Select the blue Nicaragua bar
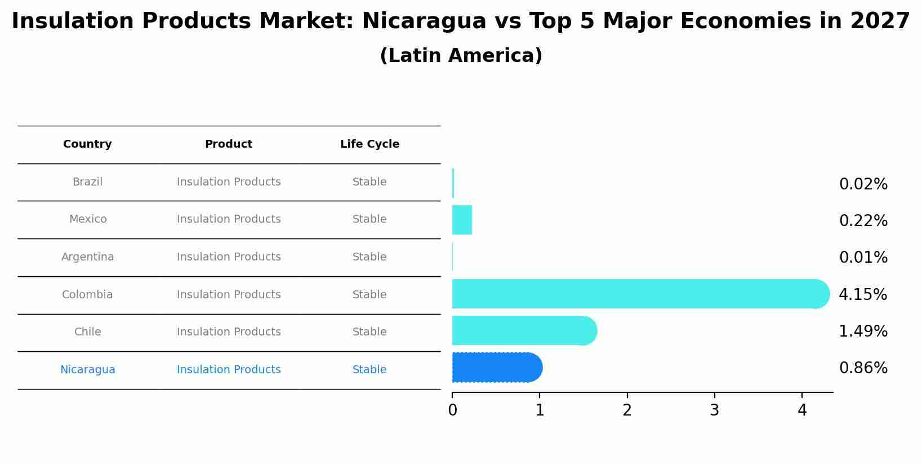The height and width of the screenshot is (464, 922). pyautogui.click(x=496, y=368)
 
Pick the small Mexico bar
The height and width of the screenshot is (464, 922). pyautogui.click(x=462, y=220)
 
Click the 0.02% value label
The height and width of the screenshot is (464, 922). pyautogui.click(x=863, y=184)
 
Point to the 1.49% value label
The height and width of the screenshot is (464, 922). pyautogui.click(x=863, y=331)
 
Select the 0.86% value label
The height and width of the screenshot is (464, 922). pyautogui.click(x=863, y=368)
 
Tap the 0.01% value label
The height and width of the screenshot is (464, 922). pyautogui.click(x=863, y=258)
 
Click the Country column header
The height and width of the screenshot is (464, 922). pyautogui.click(x=87, y=144)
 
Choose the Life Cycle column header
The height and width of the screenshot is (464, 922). pyautogui.click(x=369, y=144)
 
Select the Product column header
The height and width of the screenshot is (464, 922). pyautogui.click(x=228, y=144)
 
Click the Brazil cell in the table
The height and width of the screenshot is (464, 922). pyautogui.click(x=87, y=182)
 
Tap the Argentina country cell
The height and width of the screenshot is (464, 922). pyautogui.click(x=87, y=257)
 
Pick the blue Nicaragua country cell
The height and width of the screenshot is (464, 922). pyautogui.click(x=87, y=370)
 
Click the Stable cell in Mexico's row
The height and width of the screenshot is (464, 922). pyautogui.click(x=369, y=219)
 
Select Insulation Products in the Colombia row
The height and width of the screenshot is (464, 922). pyautogui.click(x=229, y=295)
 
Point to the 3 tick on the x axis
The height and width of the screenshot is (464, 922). pyautogui.click(x=714, y=410)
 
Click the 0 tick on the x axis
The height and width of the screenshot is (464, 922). pyautogui.click(x=452, y=410)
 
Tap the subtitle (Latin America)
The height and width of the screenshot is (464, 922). pyautogui.click(x=461, y=56)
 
